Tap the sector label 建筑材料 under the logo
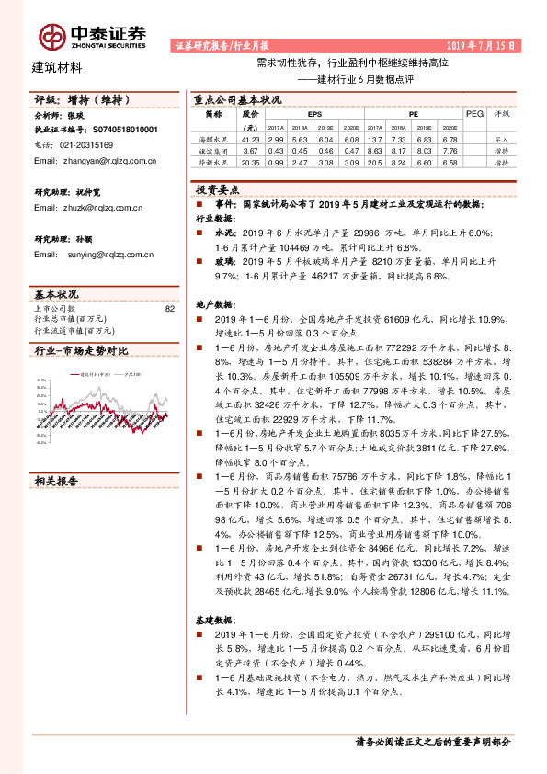57,66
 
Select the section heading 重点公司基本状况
237,100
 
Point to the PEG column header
474,114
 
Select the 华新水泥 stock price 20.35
250,161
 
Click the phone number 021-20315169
80,144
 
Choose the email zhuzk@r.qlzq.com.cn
87,208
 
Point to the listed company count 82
168,309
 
